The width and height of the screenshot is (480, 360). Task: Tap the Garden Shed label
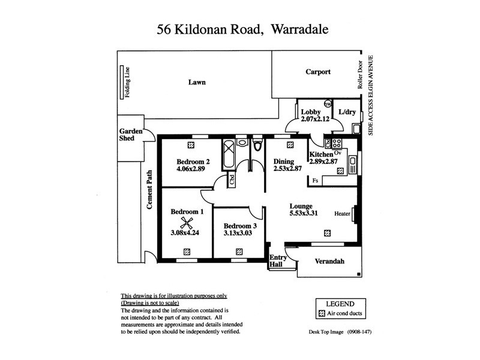click(x=130, y=134)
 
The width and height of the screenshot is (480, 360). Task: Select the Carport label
click(x=318, y=71)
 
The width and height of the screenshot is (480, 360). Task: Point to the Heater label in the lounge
click(x=343, y=214)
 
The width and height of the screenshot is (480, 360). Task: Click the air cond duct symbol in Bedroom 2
click(x=191, y=145)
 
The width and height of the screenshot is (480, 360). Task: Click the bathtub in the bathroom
click(x=228, y=152)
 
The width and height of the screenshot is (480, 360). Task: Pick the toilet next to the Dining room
click(x=257, y=146)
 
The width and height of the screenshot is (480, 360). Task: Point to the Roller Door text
click(x=360, y=74)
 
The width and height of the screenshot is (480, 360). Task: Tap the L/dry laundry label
click(x=347, y=112)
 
